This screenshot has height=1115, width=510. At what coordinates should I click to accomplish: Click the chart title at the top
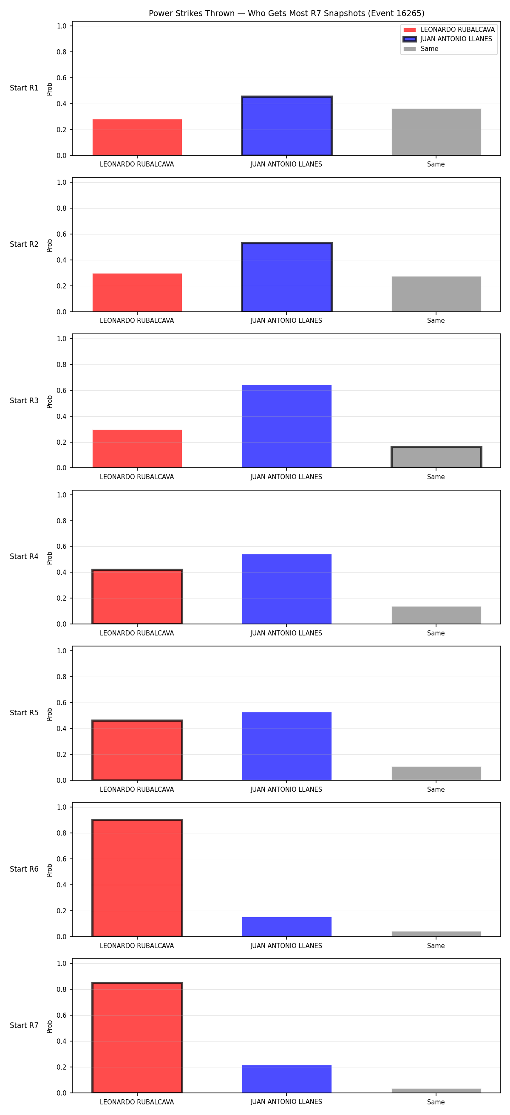pos(286,14)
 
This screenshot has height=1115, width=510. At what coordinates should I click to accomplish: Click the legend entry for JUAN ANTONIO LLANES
pos(448,39)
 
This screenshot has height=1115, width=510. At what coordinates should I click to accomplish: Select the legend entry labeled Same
pos(421,49)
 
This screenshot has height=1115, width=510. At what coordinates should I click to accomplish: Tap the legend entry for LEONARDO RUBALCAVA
pos(449,29)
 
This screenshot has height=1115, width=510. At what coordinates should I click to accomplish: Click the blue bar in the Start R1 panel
pos(286,126)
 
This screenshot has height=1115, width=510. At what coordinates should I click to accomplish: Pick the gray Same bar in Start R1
pos(436,132)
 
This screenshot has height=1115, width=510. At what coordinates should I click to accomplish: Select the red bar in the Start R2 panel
pos(137,293)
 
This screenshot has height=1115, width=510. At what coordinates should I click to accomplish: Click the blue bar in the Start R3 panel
pos(286,426)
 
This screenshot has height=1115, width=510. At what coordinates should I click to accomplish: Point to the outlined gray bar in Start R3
pos(436,457)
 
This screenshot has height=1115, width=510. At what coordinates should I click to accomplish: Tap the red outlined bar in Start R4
pos(137,596)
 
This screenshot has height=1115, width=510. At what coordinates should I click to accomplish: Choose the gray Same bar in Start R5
pos(436,773)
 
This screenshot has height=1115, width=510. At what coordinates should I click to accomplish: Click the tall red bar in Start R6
pos(137,878)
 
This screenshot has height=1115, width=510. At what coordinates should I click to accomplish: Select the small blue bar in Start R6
pos(286,927)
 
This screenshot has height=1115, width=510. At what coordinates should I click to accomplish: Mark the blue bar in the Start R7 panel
pos(286,1079)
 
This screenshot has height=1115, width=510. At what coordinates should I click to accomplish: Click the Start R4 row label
pos(24,556)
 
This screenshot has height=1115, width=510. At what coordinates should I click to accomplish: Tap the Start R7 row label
pos(24,1025)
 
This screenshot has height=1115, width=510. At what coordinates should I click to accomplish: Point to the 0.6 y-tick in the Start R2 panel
pos(62,234)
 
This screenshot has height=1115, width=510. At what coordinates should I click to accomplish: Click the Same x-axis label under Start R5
pos(436,790)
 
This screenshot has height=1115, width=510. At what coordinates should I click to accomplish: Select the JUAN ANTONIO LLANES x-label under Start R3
pos(286,477)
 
